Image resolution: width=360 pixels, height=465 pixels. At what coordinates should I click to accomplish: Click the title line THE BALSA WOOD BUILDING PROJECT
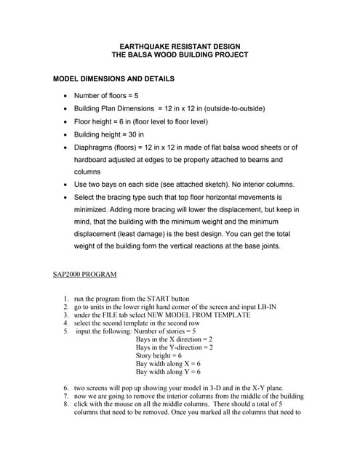coord(180,54)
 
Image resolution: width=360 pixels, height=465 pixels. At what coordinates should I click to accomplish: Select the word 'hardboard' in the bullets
coord(92,159)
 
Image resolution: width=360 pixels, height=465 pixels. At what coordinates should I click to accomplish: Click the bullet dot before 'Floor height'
coord(66,122)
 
